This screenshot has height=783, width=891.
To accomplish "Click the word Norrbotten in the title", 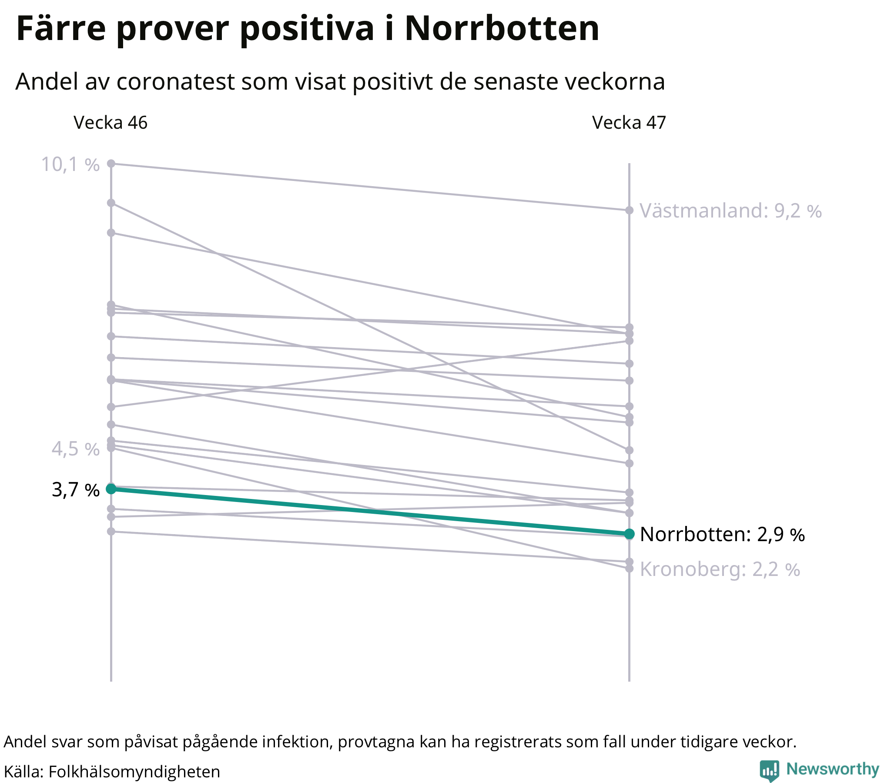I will pos(502,29).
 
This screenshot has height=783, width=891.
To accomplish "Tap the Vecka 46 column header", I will pos(110,123).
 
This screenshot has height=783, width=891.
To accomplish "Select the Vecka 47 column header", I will pos(629,123).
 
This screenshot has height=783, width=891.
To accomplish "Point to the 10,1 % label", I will pos(70,165).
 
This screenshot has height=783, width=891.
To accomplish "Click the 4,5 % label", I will pos(75,449).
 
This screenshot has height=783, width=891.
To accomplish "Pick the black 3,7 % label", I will pos(75,491).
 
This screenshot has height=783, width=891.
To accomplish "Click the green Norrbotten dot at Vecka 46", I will pos(111,489).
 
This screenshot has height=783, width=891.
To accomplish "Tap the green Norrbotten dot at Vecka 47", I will pos(629,534).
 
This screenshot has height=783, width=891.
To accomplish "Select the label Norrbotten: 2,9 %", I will pos(722,535).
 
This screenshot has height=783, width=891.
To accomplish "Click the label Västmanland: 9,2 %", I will pos(730,211).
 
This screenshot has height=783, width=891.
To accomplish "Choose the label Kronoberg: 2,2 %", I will pos(720,570).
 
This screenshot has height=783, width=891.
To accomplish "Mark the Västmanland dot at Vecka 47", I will pos(629,210).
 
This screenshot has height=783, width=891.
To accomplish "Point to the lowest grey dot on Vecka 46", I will pos(111,532).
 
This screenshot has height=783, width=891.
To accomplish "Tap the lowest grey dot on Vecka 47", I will pos(629,569).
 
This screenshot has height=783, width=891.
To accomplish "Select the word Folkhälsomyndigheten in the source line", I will pos(134,771).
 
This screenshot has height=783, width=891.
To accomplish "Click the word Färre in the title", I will pos(61,29).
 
